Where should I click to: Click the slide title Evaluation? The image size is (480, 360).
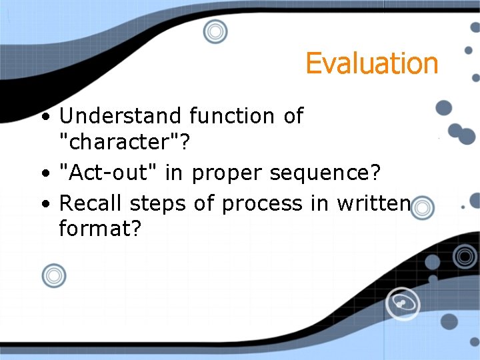(x=371, y=63)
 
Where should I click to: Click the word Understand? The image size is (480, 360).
(x=120, y=116)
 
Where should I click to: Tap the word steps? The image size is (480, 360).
(x=158, y=203)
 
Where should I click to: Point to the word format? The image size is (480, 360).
(x=100, y=229)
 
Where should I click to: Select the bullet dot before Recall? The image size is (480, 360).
(x=44, y=203)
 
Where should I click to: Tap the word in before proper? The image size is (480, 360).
(x=174, y=173)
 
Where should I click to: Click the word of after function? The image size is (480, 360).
(x=293, y=116)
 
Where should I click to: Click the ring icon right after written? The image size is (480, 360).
(x=422, y=208)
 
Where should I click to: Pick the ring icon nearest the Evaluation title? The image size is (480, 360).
(x=215, y=31)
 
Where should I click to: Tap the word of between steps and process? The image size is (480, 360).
(x=203, y=203)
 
